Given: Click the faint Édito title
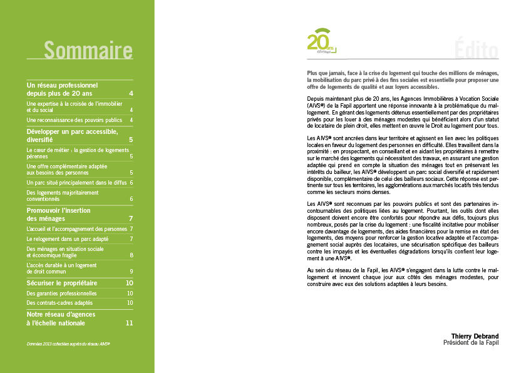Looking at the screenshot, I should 476,49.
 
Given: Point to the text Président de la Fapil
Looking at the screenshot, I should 470,343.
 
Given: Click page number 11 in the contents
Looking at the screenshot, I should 130,324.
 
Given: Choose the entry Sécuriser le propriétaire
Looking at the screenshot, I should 62,283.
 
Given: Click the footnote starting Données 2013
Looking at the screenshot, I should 68,344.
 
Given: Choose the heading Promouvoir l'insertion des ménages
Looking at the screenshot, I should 59,215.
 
